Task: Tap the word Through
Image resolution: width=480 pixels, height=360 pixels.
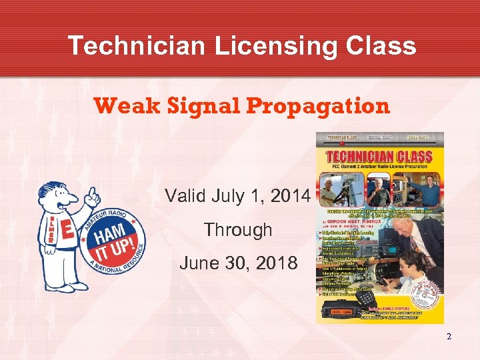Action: tap(238, 229)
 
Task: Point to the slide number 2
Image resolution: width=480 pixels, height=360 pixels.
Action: tap(449, 336)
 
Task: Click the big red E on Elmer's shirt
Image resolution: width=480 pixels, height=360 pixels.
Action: tap(67, 231)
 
